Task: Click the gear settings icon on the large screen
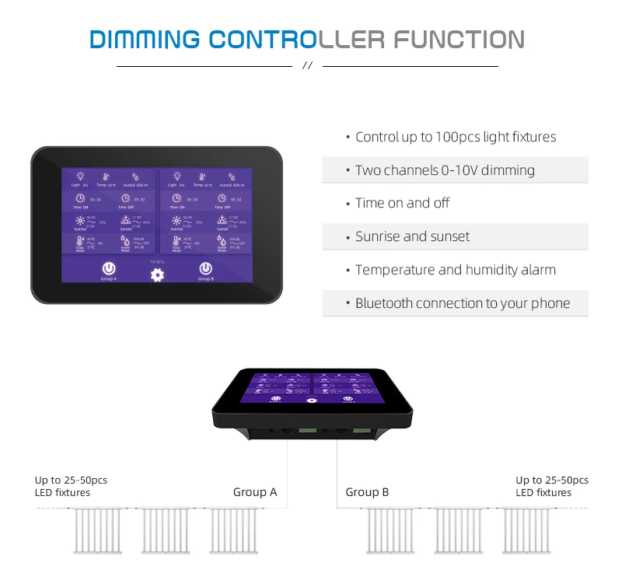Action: click(x=157, y=274)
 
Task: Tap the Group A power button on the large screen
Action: click(x=109, y=268)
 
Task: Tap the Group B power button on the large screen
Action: click(x=204, y=268)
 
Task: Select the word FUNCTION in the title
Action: click(x=459, y=39)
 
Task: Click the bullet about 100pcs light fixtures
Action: click(x=456, y=137)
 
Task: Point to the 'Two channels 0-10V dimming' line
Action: click(x=445, y=170)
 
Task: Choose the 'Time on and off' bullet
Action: click(x=402, y=203)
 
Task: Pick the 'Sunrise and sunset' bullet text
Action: click(x=412, y=236)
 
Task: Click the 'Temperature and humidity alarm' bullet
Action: click(x=455, y=270)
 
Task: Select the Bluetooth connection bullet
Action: click(x=462, y=303)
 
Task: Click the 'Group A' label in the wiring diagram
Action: click(x=255, y=492)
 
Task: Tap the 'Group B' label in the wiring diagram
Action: click(x=367, y=492)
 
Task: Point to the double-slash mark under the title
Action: click(x=306, y=67)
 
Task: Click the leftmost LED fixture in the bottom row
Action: click(x=97, y=530)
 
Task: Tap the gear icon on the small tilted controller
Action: click(x=312, y=400)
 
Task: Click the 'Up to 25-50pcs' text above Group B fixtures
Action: click(x=552, y=480)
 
